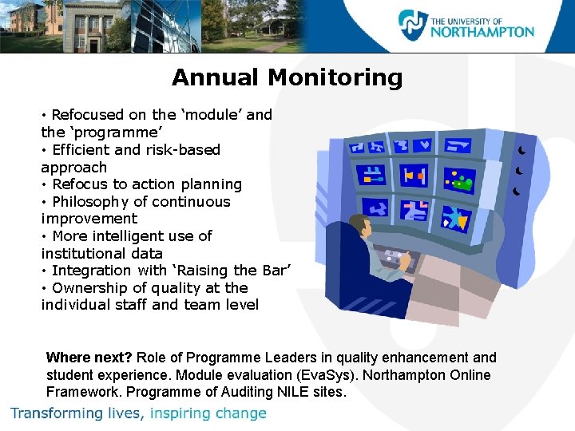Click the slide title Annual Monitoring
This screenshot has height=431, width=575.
[287, 77]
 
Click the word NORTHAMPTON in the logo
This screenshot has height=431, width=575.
[482, 32]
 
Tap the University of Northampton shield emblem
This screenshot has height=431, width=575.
[413, 26]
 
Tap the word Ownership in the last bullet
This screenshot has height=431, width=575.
[89, 288]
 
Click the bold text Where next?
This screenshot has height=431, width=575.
[89, 358]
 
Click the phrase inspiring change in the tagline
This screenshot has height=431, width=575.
[208, 413]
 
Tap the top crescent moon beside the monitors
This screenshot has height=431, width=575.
[521, 150]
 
